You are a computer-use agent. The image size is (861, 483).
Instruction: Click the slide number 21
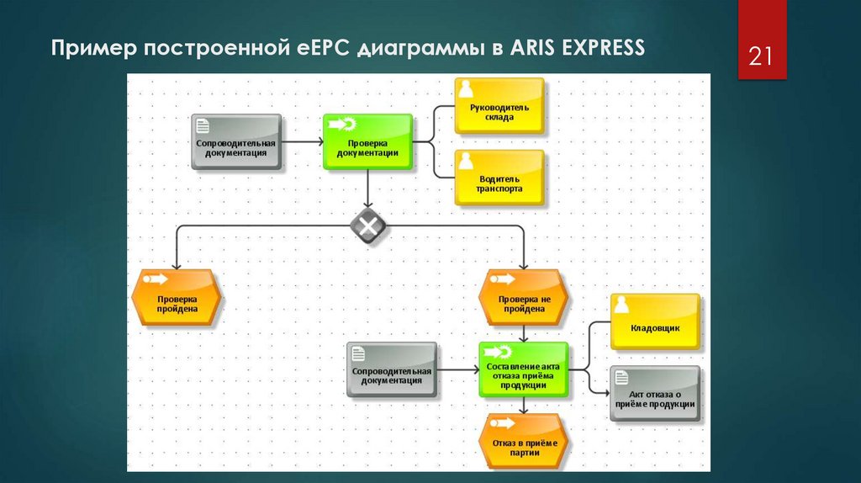click(x=761, y=57)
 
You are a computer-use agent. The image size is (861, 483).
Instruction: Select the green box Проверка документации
click(x=367, y=142)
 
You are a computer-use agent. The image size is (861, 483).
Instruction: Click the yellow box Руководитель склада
click(x=499, y=106)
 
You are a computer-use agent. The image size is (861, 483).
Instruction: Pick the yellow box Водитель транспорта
click(x=499, y=178)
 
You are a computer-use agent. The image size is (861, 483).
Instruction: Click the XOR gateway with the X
click(x=368, y=226)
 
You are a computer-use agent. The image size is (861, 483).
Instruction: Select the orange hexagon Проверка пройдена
click(x=177, y=297)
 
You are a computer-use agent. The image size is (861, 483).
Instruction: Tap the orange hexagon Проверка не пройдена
click(x=522, y=297)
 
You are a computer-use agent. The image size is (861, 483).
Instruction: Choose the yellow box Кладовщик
click(x=654, y=321)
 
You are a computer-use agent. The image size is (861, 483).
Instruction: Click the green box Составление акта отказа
click(x=522, y=369)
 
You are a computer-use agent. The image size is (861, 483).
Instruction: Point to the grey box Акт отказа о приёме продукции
click(x=654, y=393)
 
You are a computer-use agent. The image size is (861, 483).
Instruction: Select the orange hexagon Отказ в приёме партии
click(x=522, y=441)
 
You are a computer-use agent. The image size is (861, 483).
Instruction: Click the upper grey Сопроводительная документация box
click(x=236, y=142)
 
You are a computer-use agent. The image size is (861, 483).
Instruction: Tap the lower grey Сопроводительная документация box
click(x=392, y=369)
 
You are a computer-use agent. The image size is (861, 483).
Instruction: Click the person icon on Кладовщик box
click(x=621, y=304)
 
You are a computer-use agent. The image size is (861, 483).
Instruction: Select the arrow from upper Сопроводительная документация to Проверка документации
click(x=302, y=142)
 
